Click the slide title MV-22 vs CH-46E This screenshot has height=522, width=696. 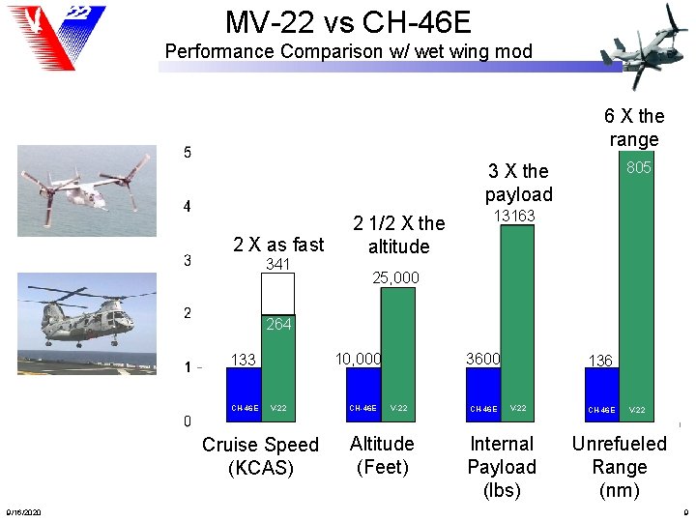tap(348, 21)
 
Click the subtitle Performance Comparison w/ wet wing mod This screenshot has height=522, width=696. tap(348, 51)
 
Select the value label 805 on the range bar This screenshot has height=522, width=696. tap(638, 168)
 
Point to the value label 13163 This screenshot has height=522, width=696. tap(515, 216)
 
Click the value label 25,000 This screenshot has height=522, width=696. tap(395, 278)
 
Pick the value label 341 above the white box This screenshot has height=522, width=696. tap(278, 264)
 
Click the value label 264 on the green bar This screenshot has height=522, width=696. tap(278, 325)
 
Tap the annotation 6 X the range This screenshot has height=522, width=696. tap(634, 128)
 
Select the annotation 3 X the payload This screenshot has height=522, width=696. tap(518, 183)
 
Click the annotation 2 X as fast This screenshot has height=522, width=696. tap(278, 245)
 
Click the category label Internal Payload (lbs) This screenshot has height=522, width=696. tap(501, 467)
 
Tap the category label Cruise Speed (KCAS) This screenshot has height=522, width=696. tap(260, 456)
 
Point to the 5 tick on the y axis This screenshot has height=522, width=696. tap(188, 153)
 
